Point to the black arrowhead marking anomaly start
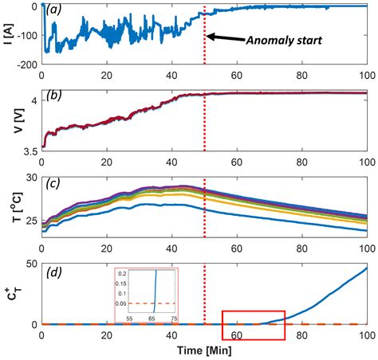coord(209,37)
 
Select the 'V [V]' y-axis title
coord(10,120)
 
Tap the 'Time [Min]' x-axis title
coord(204,350)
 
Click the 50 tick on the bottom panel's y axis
coord(30,263)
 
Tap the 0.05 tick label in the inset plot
coord(122,303)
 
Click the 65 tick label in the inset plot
coord(152,318)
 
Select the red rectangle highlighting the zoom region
coord(253,325)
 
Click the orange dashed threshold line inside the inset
coord(167,303)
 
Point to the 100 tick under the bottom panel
coord(366,335)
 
